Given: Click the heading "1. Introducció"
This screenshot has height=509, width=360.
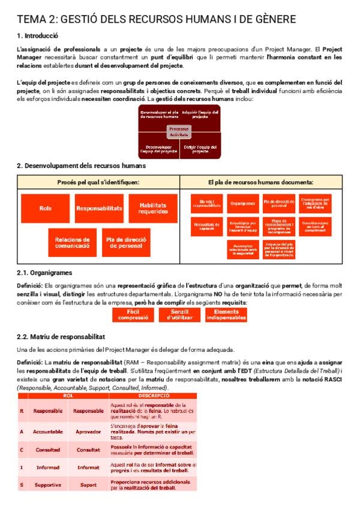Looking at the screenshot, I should pos(37,35).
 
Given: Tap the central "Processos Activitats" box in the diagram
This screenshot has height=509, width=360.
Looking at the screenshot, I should pos(179,131).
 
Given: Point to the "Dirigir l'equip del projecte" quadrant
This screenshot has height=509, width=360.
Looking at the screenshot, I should pos(200,148).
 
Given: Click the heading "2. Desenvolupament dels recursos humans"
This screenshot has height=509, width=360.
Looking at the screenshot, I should pos(81,166).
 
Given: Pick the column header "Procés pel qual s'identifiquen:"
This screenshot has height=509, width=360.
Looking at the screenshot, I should pos(98,182).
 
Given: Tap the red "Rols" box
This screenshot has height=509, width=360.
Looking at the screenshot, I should pos(46,208).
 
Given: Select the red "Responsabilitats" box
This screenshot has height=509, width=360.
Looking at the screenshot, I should pos(99,208).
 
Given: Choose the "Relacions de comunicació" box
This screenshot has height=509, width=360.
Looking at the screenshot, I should pos(72,242).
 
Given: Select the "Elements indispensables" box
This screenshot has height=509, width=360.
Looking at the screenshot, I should pos(226,315).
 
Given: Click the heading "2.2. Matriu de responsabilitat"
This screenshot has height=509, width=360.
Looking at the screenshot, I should pos(61,337).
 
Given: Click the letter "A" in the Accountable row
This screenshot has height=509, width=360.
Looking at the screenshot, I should pos(22,431).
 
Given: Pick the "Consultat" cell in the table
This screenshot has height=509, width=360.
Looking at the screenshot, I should pos(88,449).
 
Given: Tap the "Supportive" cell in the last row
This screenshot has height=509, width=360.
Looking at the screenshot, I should pos(47,484).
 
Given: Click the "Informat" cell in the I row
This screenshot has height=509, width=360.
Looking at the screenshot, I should pos(88,467).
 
